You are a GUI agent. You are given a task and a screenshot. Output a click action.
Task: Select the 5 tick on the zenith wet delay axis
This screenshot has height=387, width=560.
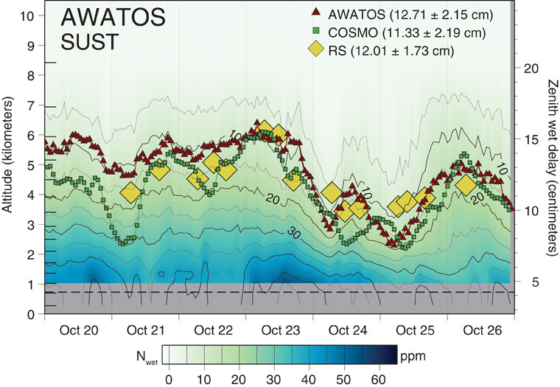click(x=528, y=282)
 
